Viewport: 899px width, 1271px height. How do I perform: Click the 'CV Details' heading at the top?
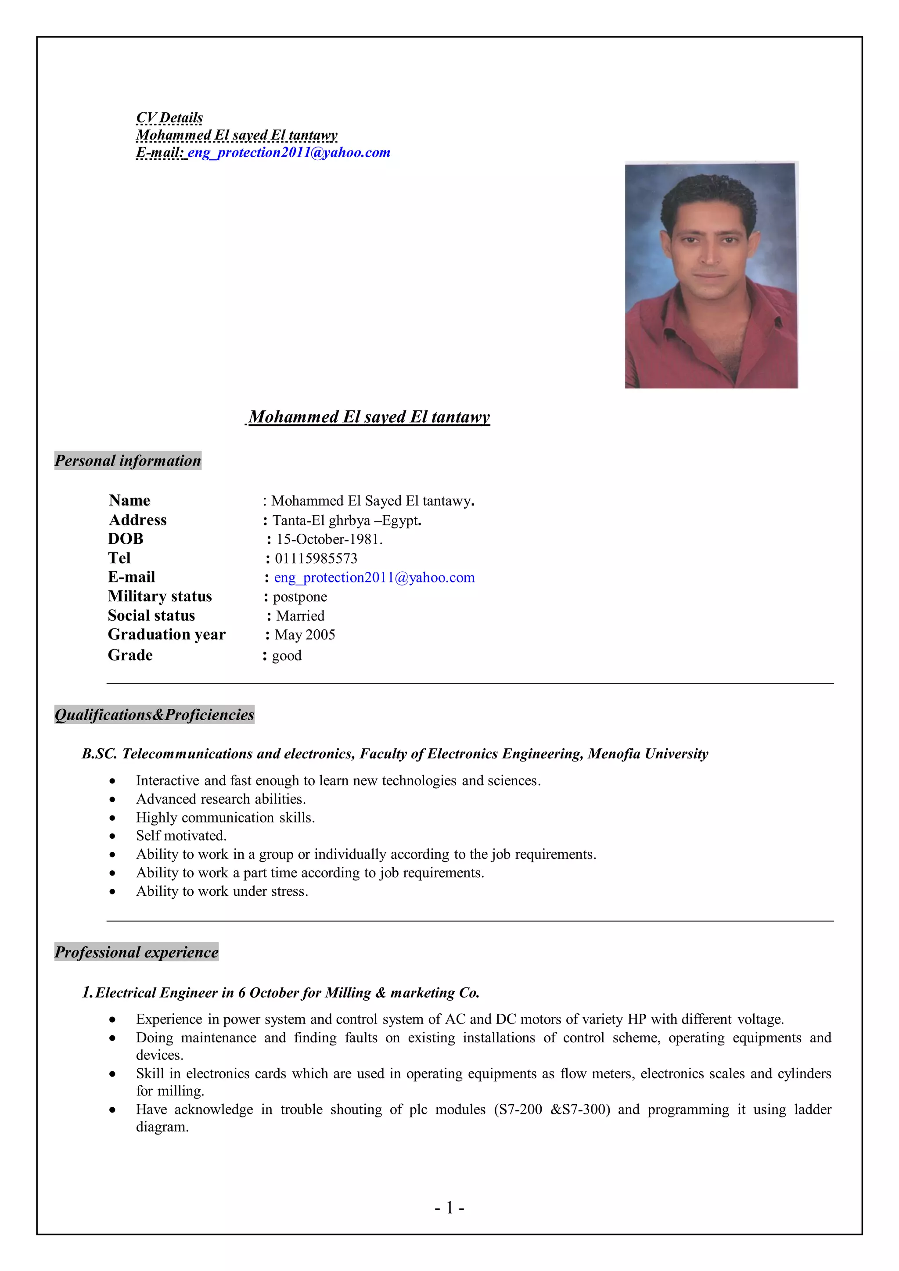pos(169,118)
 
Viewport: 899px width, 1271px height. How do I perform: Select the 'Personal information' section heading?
pos(128,460)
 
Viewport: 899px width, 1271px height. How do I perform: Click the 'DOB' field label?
pos(126,539)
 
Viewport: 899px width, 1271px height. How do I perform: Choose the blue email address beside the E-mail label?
pos(374,578)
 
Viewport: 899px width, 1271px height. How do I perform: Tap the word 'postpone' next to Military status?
pos(299,597)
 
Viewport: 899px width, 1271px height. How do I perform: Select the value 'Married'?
pos(300,616)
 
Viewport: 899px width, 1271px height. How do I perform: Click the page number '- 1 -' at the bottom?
pos(449,1207)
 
